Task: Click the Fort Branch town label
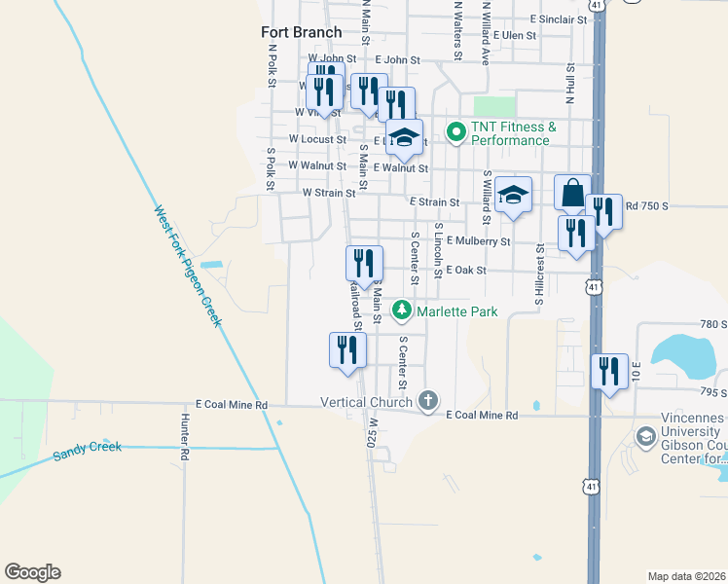[302, 32]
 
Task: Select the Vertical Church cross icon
[427, 400]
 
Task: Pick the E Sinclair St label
[559, 18]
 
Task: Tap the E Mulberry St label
[478, 240]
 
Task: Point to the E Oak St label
[466, 270]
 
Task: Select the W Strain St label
[326, 193]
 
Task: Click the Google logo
[32, 572]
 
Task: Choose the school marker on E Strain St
[513, 194]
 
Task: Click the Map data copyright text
[685, 576]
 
